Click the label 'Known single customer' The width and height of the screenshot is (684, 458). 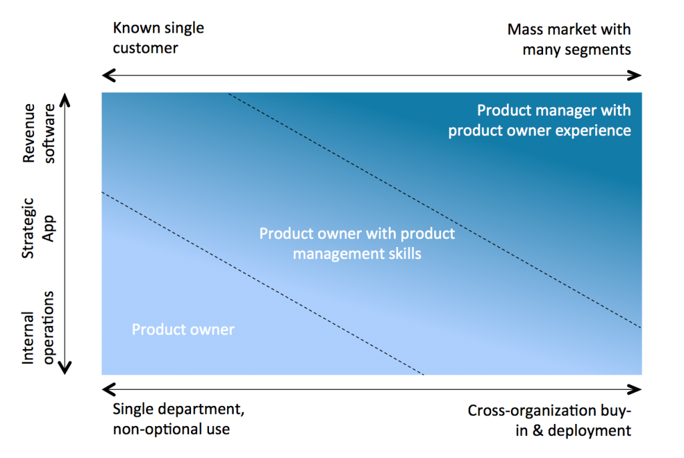(158, 39)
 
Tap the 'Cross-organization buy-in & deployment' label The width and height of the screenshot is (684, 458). (548, 420)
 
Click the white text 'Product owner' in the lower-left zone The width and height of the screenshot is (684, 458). (183, 330)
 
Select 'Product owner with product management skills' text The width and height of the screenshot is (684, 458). (357, 244)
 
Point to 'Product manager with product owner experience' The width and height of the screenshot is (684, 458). (539, 120)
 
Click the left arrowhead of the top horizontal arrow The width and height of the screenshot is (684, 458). (106, 75)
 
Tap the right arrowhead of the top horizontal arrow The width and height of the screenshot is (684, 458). (636, 75)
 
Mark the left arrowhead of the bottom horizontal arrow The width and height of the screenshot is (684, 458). (106, 389)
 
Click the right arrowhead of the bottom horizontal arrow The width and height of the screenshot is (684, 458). (636, 389)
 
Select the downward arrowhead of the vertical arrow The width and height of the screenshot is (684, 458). (65, 367)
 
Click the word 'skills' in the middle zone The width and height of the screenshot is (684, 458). (403, 254)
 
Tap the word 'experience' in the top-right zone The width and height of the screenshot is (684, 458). (591, 130)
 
